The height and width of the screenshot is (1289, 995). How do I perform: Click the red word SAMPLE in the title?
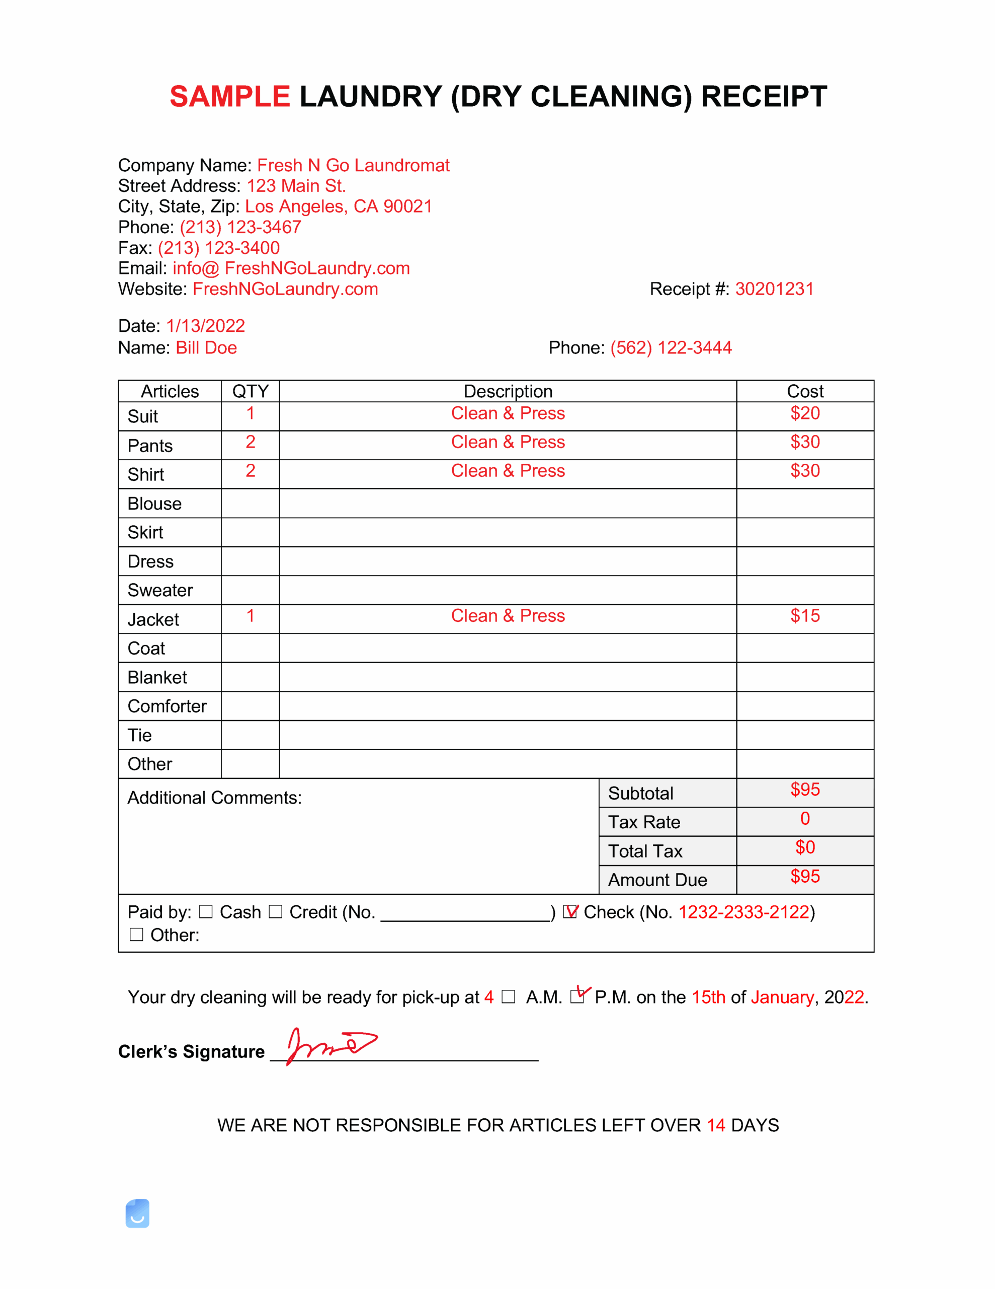point(229,97)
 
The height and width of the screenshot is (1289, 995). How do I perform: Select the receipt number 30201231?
point(774,289)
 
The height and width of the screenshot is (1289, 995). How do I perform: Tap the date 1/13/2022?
point(205,326)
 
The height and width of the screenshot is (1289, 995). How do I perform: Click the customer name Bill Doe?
point(206,347)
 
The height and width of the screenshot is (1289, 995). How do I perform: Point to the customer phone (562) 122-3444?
point(671,347)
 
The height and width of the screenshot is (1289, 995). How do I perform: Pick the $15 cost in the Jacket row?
point(804,616)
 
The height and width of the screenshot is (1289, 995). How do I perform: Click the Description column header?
point(508,391)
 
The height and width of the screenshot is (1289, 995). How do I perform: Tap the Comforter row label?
point(167,706)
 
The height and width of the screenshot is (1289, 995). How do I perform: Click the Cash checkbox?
point(205,912)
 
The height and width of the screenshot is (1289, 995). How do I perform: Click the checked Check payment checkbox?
point(570,912)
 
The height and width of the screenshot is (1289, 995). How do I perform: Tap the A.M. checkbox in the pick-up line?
point(508,997)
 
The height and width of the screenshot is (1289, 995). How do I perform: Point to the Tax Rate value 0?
point(804,819)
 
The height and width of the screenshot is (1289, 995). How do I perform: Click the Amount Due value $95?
point(804,877)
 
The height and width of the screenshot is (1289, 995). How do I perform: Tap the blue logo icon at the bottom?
point(137,1213)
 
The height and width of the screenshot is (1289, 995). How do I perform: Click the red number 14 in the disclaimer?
point(715,1125)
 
